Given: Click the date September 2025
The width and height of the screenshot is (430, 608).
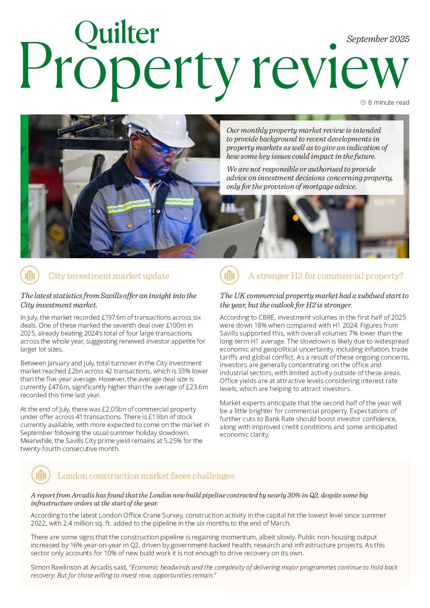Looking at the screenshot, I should click(378, 39).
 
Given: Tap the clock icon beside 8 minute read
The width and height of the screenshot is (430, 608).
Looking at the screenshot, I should click(363, 102).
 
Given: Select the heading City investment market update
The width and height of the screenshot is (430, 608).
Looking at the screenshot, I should click(109, 276).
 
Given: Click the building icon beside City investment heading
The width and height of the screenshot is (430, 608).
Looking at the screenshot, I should click(30, 276).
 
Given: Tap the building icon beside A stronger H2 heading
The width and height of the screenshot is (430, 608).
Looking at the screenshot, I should click(229, 276).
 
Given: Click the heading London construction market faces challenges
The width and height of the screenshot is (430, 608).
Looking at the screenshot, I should click(146, 476).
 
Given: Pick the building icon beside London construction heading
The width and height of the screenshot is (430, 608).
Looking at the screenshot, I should click(41, 475).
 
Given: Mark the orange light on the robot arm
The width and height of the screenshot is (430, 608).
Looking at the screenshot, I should click(296, 218).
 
